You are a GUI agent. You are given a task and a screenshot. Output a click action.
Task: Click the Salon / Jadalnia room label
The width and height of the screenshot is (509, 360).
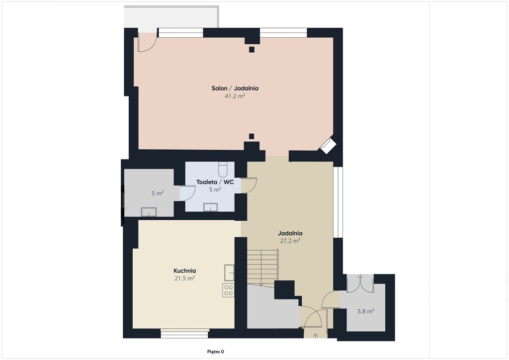[235, 88]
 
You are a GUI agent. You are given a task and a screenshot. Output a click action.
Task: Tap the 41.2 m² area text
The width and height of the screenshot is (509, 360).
[235, 96]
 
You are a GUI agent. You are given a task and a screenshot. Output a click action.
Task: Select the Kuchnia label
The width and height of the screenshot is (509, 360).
[185, 270]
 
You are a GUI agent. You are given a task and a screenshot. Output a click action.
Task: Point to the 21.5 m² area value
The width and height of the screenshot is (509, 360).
[185, 278]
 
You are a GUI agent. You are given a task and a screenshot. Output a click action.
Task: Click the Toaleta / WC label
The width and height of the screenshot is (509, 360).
[215, 182]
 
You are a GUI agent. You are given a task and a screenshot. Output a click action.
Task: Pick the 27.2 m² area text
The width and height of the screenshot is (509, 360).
[290, 241]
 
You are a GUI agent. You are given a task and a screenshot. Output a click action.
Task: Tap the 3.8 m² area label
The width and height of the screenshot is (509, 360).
[366, 311]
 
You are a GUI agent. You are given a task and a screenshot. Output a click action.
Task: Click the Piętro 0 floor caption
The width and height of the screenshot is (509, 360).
[216, 352]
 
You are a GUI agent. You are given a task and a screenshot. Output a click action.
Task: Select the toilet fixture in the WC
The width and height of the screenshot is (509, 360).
[223, 169]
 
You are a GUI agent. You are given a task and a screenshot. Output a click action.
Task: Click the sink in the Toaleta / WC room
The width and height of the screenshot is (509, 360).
[210, 207]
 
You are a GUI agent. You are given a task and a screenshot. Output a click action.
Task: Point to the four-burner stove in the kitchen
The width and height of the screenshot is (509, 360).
[228, 290]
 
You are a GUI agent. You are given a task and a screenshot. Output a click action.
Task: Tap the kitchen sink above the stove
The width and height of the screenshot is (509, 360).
[229, 272]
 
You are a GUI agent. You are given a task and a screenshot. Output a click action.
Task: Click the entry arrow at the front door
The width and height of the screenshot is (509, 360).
[316, 336]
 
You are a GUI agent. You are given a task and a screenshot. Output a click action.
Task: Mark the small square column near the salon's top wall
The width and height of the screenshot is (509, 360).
[252, 49]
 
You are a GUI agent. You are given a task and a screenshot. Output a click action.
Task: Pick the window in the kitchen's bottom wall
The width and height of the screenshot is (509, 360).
[185, 333]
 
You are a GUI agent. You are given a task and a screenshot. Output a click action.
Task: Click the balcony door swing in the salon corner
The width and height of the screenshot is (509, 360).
[147, 42]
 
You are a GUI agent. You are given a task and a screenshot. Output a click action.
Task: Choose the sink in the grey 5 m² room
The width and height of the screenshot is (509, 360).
[149, 212]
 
